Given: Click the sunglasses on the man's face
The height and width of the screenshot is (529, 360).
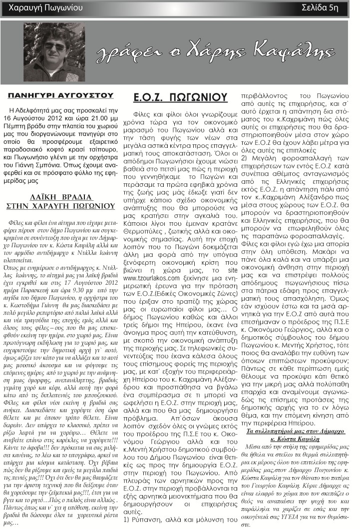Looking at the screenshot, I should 54,46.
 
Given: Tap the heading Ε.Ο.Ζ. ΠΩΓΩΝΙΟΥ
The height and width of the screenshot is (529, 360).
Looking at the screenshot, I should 173,97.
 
